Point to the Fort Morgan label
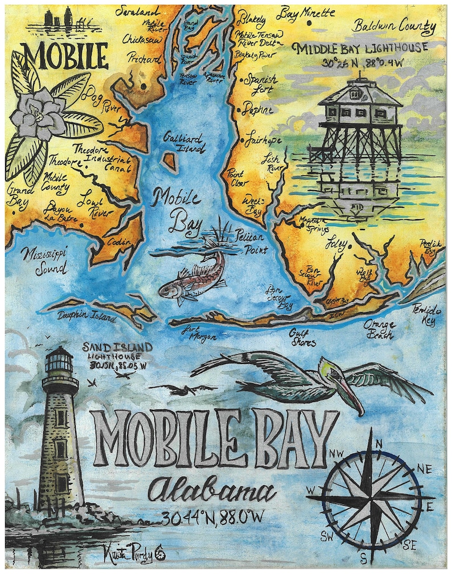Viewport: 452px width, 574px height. pyautogui.click(x=199, y=333)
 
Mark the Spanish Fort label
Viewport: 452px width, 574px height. pyautogui.click(x=261, y=84)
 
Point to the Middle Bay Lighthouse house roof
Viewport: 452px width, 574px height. pyautogui.click(x=360, y=93)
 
